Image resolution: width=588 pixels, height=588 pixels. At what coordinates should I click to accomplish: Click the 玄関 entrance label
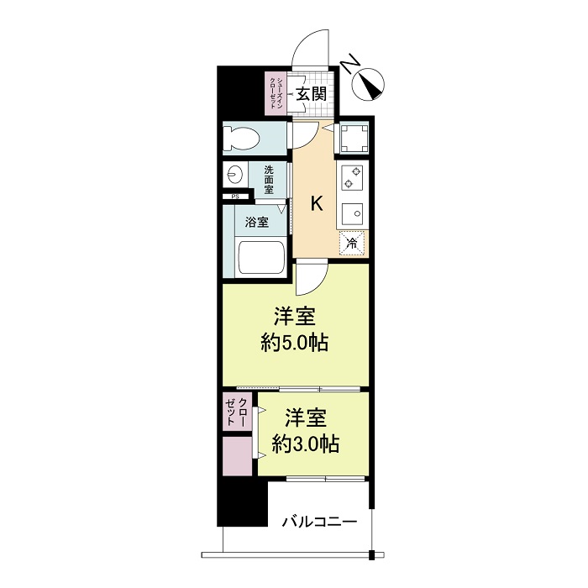point(314,93)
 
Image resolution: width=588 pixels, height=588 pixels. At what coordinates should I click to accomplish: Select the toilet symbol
point(244,138)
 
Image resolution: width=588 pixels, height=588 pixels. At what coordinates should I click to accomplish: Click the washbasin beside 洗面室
point(234,176)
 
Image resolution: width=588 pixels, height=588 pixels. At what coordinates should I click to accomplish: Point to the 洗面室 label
point(268,178)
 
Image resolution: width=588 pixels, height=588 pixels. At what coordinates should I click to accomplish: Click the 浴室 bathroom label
point(256,223)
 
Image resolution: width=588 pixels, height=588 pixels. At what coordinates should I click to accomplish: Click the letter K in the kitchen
point(318,203)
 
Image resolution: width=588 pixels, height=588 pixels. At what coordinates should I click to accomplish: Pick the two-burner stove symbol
point(353,177)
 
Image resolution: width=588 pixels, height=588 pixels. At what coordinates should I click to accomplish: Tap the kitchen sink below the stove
point(353,213)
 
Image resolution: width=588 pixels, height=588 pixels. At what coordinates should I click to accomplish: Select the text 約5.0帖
point(294,343)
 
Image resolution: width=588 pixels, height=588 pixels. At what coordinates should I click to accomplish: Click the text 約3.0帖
point(305,444)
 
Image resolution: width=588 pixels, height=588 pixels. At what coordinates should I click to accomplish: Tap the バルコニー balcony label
point(318,521)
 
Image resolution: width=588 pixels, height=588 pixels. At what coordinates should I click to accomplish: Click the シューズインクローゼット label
point(275,94)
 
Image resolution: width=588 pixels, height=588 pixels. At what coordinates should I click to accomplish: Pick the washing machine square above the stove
point(353,138)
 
